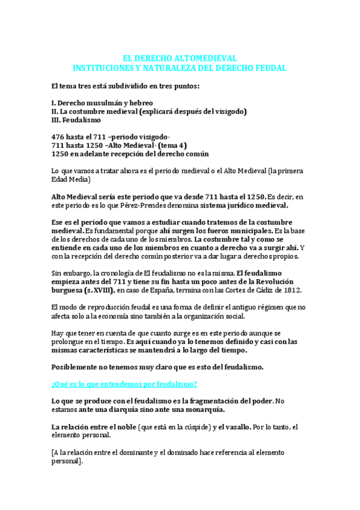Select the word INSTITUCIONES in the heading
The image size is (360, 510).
coord(102,68)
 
